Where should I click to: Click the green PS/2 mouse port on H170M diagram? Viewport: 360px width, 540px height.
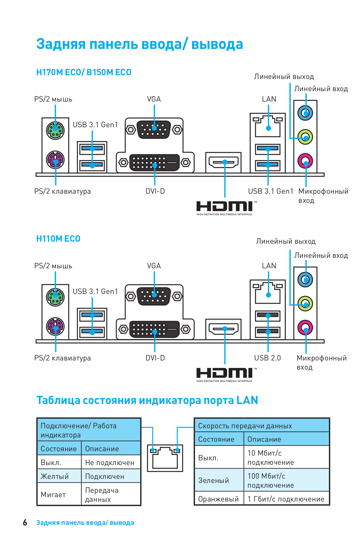(55, 130)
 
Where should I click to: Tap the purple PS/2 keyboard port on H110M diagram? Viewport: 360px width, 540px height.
(55, 326)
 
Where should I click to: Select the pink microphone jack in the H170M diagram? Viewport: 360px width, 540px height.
(305, 161)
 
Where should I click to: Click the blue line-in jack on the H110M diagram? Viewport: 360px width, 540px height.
(305, 279)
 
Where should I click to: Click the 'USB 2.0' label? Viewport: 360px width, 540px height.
(267, 358)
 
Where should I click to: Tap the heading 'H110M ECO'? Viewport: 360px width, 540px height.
(58, 239)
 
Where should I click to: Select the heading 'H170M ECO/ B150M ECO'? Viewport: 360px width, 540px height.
(84, 72)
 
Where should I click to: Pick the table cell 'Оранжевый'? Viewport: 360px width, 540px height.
(219, 499)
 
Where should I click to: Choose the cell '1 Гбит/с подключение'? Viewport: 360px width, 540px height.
(286, 499)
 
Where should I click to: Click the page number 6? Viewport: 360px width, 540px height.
(25, 522)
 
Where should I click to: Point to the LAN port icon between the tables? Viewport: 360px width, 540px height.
(165, 458)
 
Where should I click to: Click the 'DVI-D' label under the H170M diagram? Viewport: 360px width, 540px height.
(155, 191)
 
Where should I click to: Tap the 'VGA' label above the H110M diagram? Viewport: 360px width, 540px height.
(154, 266)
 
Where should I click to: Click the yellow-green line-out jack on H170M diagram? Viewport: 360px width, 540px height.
(305, 137)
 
